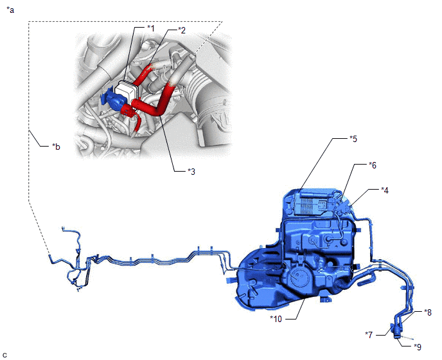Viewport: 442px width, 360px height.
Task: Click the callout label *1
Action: pyautogui.click(x=151, y=28)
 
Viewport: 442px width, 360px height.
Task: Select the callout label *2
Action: pyautogui.click(x=182, y=30)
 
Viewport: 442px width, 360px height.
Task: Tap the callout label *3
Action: pyautogui.click(x=191, y=171)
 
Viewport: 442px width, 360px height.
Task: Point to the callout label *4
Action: pyautogui.click(x=385, y=190)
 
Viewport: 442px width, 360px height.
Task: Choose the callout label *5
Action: pyautogui.click(x=353, y=138)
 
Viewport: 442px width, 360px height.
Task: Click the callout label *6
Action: pyautogui.click(x=373, y=165)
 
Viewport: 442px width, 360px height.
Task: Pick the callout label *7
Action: pyautogui.click(x=369, y=335)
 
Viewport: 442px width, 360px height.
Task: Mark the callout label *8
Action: pyautogui.click(x=428, y=312)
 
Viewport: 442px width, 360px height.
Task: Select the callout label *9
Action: pyautogui.click(x=418, y=346)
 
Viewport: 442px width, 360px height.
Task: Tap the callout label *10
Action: pyautogui.click(x=276, y=319)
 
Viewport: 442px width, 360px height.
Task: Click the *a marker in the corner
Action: pyautogui.click(x=10, y=10)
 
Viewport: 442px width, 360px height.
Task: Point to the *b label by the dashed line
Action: pyautogui.click(x=56, y=147)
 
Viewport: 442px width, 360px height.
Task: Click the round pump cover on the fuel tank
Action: pyautogui.click(x=297, y=275)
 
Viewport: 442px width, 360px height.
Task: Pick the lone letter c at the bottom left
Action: pyautogui.click(x=4, y=355)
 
